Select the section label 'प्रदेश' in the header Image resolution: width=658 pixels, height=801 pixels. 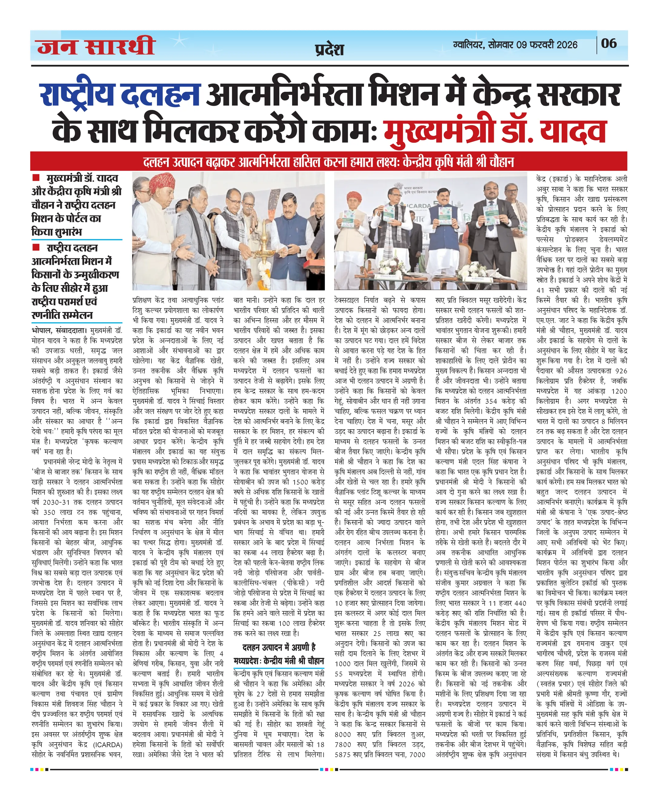(329, 49)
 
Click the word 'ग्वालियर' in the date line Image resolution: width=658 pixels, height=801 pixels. (468, 45)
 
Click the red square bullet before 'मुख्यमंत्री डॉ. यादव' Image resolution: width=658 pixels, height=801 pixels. (36, 178)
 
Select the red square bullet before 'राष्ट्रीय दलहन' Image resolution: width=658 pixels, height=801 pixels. (36, 247)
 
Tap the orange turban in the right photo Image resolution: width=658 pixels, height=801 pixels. (354, 196)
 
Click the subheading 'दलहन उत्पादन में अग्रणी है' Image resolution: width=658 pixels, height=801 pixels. (279, 647)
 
